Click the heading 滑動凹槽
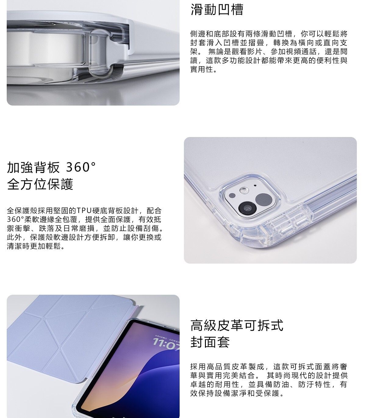217,9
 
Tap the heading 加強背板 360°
51,167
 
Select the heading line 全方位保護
40,184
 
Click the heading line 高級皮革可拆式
237,326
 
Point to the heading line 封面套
210,342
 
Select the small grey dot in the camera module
232,196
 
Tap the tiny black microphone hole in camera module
255,186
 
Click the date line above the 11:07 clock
167,337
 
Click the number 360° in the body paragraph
15,219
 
